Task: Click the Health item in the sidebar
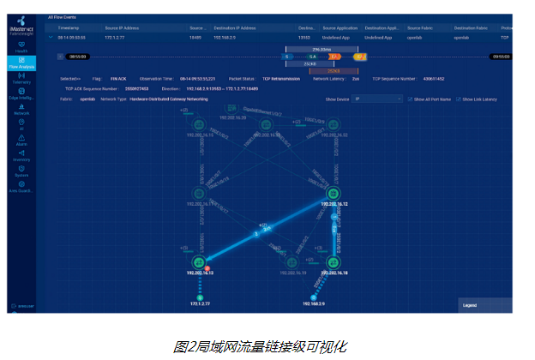[21, 48]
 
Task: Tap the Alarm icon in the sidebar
[21, 141]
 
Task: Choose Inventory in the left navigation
[21, 155]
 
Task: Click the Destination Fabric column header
[471, 27]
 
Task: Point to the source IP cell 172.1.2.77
[116, 38]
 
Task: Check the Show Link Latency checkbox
[459, 99]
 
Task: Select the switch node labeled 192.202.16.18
[334, 261]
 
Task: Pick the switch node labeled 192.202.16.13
[199, 261]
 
